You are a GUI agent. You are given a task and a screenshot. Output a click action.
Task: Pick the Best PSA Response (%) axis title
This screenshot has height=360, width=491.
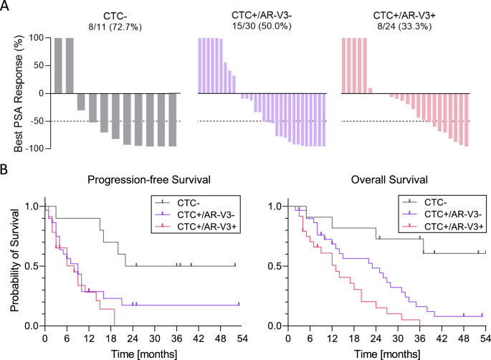[9, 93]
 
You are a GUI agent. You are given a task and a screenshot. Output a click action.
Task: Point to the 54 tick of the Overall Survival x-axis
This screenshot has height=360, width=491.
[485, 337]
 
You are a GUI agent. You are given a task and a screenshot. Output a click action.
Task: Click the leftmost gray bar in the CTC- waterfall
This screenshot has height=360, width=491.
[58, 65]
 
